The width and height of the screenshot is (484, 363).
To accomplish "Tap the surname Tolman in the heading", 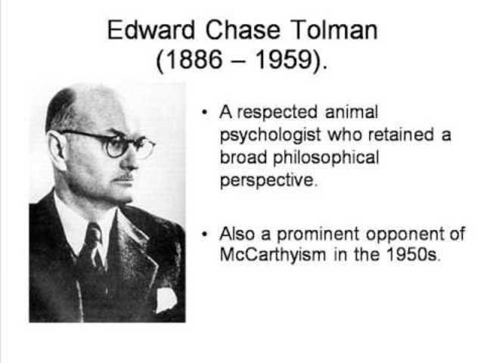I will click(x=333, y=30).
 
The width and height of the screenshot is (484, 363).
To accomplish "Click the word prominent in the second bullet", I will click(x=312, y=232).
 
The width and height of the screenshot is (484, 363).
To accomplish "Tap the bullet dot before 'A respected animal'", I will click(x=204, y=113).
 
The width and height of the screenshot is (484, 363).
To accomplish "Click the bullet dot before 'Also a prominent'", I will click(x=204, y=233).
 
